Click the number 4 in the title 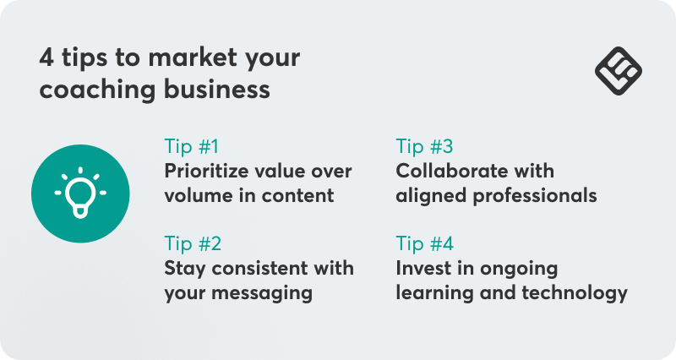click(x=47, y=58)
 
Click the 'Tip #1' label click(x=193, y=145)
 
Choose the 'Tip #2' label click(x=193, y=244)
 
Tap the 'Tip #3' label click(x=425, y=145)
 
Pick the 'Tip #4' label click(x=425, y=244)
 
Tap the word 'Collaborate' click(x=450, y=171)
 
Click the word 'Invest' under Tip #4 click(x=422, y=269)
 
